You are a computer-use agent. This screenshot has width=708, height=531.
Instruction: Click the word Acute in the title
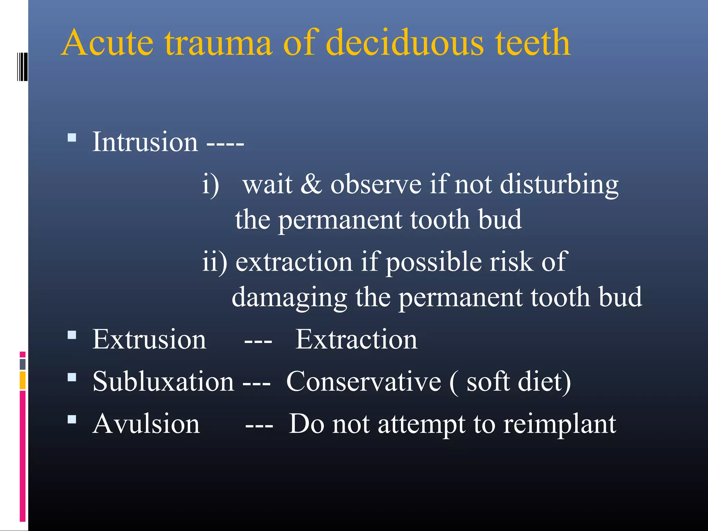click(107, 43)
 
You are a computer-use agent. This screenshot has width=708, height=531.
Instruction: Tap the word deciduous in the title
click(404, 43)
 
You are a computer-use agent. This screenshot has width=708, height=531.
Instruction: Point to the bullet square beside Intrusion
click(72, 138)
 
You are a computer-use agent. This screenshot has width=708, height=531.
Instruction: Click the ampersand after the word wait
click(311, 184)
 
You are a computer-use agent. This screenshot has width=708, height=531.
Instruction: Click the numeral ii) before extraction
click(214, 262)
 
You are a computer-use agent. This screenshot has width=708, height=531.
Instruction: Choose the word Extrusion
click(149, 339)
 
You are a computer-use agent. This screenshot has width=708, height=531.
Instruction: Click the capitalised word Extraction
click(356, 339)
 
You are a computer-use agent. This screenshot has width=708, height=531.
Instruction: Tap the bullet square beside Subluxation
click(72, 377)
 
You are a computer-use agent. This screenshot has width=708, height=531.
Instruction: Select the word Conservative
click(364, 382)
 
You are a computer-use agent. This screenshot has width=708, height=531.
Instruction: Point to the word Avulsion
click(146, 424)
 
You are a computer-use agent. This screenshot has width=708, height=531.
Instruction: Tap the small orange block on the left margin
click(22, 380)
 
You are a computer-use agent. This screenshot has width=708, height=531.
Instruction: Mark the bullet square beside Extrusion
click(72, 335)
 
